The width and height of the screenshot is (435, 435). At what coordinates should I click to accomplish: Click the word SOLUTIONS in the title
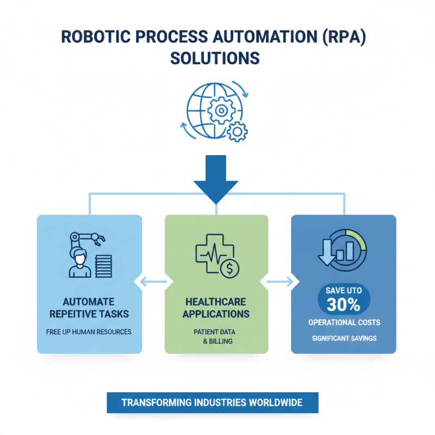pyautogui.click(x=217, y=58)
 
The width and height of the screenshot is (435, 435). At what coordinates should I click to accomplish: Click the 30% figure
pyautogui.click(x=344, y=304)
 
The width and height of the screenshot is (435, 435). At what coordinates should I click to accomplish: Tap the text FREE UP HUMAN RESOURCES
pyautogui.click(x=89, y=332)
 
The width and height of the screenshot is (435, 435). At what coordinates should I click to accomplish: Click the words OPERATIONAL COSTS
pyautogui.click(x=344, y=322)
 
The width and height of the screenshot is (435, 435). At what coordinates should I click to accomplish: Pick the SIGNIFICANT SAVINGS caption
pyautogui.click(x=344, y=339)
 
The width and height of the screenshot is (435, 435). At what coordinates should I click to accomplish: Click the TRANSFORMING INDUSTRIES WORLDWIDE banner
pyautogui.click(x=212, y=403)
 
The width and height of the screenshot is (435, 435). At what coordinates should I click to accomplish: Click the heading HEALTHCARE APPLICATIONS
pyautogui.click(x=216, y=308)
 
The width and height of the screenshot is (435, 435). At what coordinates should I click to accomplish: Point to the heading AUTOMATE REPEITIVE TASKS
pyautogui.click(x=89, y=308)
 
